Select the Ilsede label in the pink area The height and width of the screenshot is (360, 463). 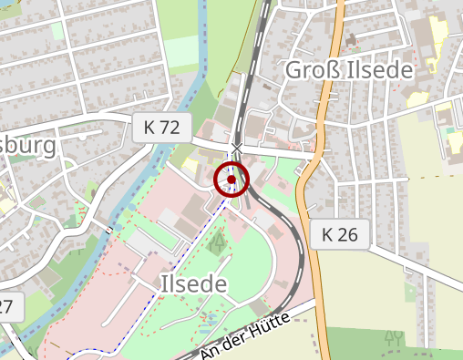193,283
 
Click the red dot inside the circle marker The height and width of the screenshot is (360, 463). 232,180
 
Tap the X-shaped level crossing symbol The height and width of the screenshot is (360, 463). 237,148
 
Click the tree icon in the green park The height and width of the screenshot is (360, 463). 217,242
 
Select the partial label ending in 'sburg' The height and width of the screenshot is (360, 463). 27,146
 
